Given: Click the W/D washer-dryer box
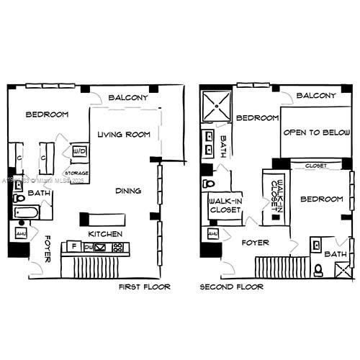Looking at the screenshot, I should click(x=79, y=153).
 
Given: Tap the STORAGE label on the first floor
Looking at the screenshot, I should click(x=76, y=174).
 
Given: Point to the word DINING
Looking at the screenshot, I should click(x=128, y=191).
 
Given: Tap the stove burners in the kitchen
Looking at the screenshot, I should click(x=117, y=248).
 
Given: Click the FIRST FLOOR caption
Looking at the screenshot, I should click(x=144, y=287).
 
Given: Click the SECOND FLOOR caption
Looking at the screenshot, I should click(x=231, y=287).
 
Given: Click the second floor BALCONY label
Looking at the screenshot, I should click(x=317, y=96).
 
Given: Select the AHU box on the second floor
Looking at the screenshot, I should click(x=212, y=235).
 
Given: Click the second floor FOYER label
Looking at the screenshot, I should click(x=256, y=243).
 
